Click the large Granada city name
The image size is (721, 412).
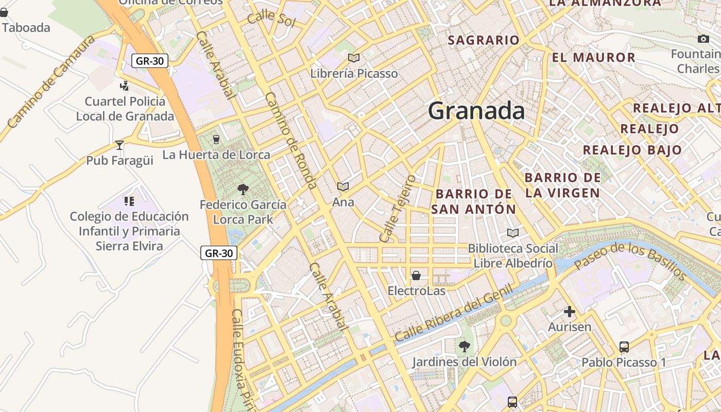476,111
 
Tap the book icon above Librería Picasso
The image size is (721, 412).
353,58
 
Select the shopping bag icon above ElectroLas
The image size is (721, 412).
416,276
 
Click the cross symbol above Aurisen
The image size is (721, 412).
570,312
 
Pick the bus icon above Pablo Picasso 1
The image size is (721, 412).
624,347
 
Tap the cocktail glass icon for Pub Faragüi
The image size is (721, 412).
119,145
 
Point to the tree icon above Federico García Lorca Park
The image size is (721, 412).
243,190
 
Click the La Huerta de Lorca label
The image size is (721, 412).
216,154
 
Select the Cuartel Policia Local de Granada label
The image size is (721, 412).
125,109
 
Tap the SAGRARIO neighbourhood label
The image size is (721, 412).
484,40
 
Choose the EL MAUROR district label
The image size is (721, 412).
593,57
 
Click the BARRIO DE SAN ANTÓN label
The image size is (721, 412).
473,201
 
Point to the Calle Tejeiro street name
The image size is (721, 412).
397,208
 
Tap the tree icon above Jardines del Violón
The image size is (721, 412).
465,347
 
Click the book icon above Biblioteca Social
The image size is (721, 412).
512,233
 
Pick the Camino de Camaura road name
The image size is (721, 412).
51,81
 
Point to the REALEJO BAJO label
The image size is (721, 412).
632,150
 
